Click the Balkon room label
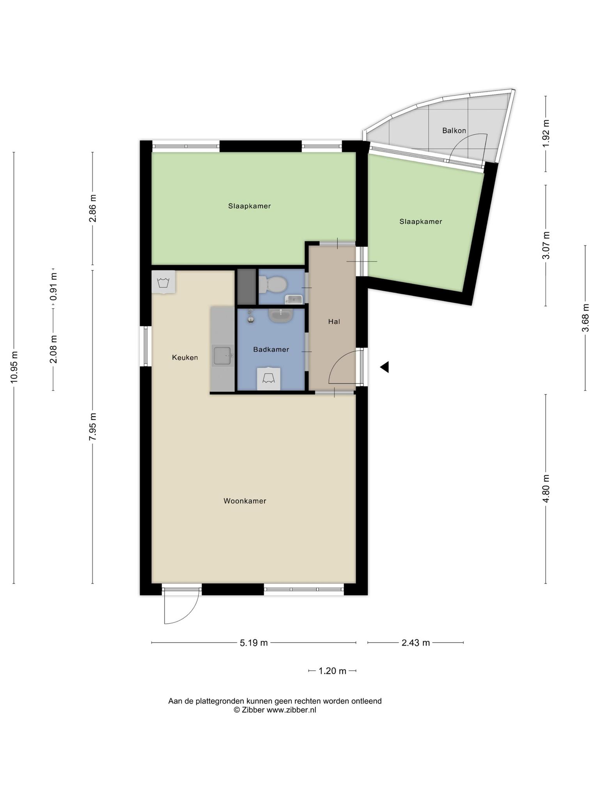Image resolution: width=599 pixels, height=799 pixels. [454, 131]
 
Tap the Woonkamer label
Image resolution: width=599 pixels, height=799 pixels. [245, 501]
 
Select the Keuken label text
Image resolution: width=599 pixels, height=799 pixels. [185, 357]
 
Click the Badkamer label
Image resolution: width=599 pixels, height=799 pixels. [271, 350]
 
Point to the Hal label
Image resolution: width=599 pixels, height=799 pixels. [334, 322]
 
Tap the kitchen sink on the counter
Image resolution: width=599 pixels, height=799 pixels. [223, 355]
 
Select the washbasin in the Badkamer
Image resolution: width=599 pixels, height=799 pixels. [281, 315]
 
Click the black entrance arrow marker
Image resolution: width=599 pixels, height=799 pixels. [385, 367]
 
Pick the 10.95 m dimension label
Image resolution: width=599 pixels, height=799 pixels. [14, 367]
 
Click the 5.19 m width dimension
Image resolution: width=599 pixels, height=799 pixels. [254, 643]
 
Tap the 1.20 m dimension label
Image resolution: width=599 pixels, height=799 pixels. [333, 671]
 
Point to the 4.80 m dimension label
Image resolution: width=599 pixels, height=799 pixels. [546, 489]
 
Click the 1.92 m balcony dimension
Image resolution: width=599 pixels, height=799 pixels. [546, 133]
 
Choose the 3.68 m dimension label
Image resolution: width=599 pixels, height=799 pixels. [585, 318]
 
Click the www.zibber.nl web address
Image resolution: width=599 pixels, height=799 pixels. [291, 710]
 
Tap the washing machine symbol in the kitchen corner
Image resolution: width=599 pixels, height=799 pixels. [163, 282]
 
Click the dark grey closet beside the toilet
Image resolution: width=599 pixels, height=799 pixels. [246, 287]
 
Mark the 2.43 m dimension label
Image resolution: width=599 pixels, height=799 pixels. [416, 643]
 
